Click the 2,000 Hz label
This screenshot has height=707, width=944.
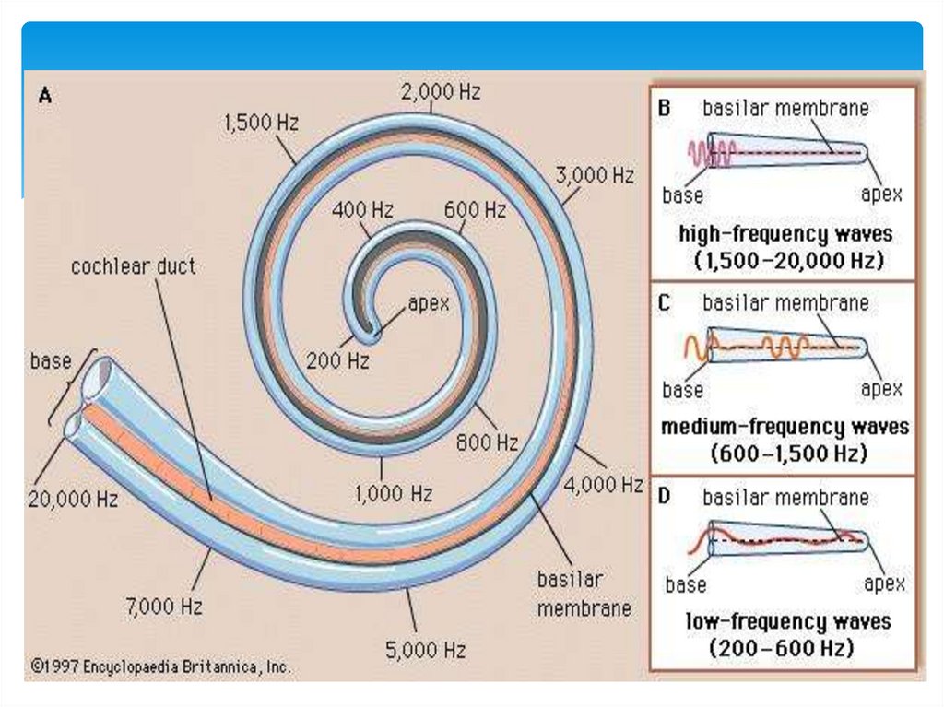440,92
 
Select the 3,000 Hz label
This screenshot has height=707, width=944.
595,174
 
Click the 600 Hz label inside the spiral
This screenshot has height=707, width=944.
475,210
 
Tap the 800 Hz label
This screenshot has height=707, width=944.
488,442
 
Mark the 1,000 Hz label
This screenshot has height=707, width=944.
394,494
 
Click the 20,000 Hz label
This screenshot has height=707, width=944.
73,500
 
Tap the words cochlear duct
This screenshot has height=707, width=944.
134,267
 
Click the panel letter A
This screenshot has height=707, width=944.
43,95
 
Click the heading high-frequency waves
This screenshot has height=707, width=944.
785,233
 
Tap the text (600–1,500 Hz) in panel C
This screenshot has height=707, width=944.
785,454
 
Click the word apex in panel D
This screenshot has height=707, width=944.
883,583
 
